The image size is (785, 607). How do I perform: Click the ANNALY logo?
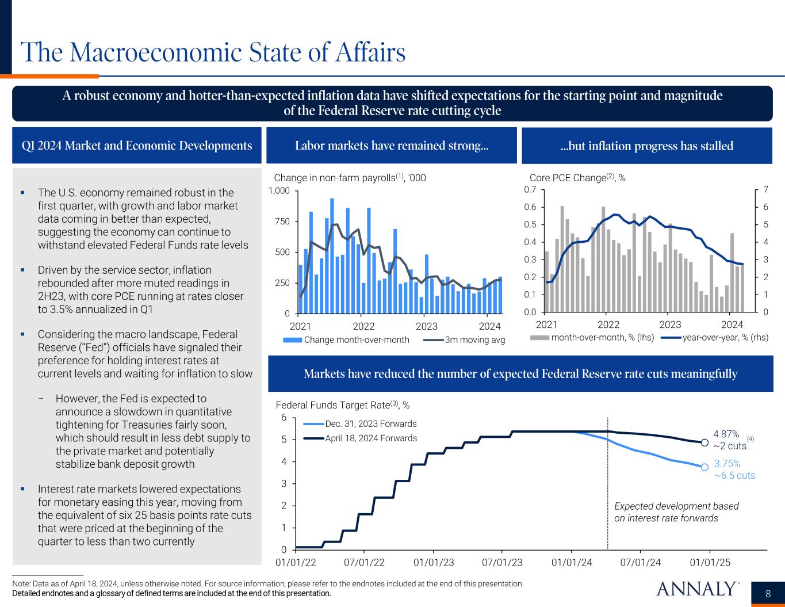(698, 589)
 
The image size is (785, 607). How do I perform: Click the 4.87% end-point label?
(726, 434)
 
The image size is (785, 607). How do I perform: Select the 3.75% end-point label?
(727, 464)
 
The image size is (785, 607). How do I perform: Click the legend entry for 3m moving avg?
(475, 340)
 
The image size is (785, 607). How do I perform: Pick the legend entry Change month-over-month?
(357, 339)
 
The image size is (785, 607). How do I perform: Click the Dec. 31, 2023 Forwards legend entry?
(371, 424)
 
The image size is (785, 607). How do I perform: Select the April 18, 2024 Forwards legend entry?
(371, 438)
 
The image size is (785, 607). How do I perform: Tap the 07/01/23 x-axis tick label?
(502, 562)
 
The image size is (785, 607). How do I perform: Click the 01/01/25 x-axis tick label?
(710, 562)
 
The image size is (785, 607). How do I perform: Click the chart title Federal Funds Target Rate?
(343, 405)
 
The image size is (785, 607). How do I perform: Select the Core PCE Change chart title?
(577, 178)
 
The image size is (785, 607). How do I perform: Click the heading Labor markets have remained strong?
(392, 146)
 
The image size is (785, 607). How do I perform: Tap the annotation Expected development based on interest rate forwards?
(676, 512)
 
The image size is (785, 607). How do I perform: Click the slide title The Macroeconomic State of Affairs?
(213, 53)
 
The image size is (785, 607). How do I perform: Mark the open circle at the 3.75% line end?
(704, 467)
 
